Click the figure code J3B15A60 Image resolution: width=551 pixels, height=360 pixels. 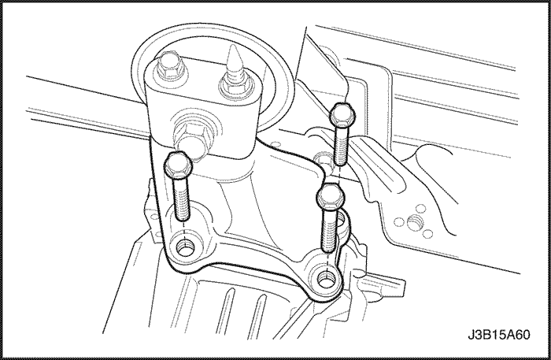(x=498, y=335)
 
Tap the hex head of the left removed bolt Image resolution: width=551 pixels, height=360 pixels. (x=177, y=165)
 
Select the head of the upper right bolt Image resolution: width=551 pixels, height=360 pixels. (x=342, y=116)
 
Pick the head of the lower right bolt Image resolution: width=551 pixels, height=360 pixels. (x=331, y=197)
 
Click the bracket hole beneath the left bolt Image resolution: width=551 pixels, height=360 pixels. (x=184, y=249)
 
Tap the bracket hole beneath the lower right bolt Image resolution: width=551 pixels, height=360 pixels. (x=327, y=278)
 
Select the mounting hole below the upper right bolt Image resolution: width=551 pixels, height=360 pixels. (x=321, y=159)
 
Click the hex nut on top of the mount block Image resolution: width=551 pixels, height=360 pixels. (x=168, y=66)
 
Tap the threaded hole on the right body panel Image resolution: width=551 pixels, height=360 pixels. (x=414, y=223)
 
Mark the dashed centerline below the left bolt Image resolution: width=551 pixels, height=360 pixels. (x=184, y=233)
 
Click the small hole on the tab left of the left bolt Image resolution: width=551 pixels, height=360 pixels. (x=153, y=215)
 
